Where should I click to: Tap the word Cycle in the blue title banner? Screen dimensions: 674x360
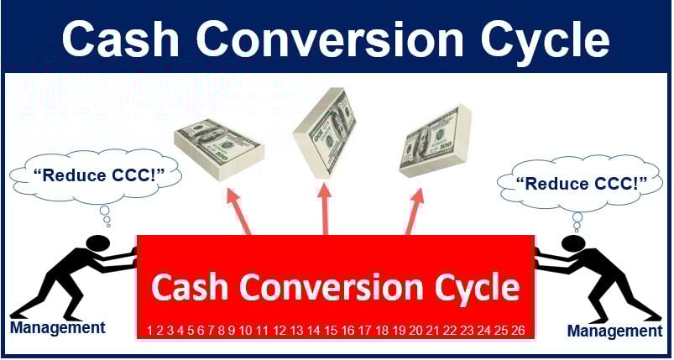tap(544, 43)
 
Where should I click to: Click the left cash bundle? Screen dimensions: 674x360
tap(219, 149)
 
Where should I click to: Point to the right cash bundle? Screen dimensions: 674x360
tap(435, 142)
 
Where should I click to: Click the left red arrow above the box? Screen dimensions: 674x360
tap(239, 211)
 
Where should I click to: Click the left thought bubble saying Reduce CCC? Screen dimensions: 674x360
tap(96, 175)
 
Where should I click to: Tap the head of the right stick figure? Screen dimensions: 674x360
tap(574, 243)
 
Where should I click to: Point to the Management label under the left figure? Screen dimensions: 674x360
tap(58, 328)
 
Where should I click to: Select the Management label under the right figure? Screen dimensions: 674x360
tap(614, 331)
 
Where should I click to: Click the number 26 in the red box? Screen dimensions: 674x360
tap(518, 330)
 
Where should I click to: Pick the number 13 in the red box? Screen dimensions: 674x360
tap(296, 330)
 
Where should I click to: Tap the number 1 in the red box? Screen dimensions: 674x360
tap(150, 330)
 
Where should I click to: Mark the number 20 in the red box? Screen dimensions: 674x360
tap(415, 330)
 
